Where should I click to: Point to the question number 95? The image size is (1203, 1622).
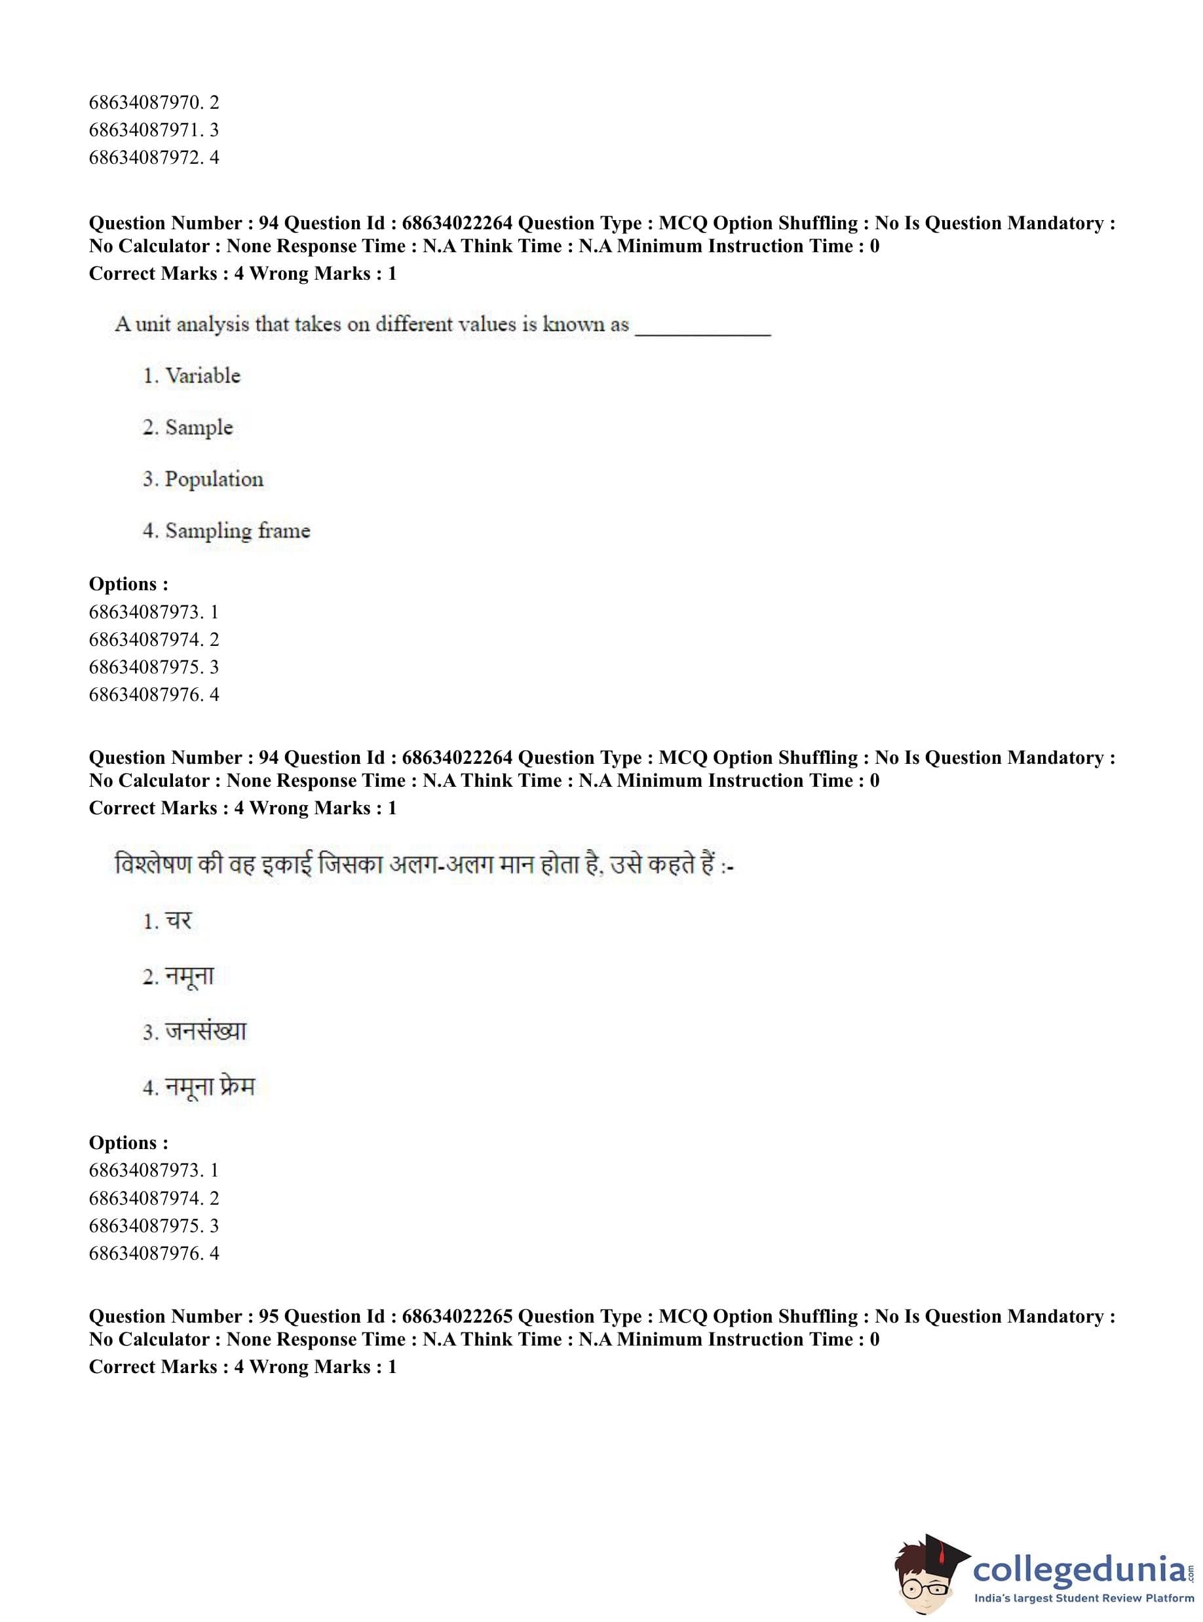click(x=269, y=1316)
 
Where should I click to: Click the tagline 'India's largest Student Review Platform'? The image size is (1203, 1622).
click(x=1084, y=1598)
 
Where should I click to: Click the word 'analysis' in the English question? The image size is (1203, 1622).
click(x=213, y=325)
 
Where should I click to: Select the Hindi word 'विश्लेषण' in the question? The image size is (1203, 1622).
click(x=153, y=865)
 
